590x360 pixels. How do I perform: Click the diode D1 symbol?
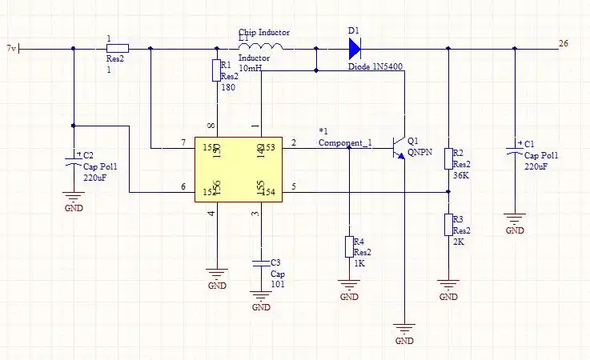(355, 49)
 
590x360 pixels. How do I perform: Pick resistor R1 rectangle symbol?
(216, 70)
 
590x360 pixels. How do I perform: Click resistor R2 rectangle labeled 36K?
(448, 158)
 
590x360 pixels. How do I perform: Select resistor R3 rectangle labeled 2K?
(448, 225)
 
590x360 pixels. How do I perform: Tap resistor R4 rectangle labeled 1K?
(349, 246)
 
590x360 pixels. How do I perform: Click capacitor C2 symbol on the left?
(73, 163)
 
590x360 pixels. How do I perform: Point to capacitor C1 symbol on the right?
(515, 150)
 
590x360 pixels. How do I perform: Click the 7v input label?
(10, 48)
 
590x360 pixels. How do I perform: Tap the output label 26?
(564, 43)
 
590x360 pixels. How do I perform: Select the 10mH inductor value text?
(250, 70)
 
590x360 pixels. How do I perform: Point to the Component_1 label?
(345, 142)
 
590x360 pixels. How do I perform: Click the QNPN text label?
(419, 150)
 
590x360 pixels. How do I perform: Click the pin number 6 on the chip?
(183, 187)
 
